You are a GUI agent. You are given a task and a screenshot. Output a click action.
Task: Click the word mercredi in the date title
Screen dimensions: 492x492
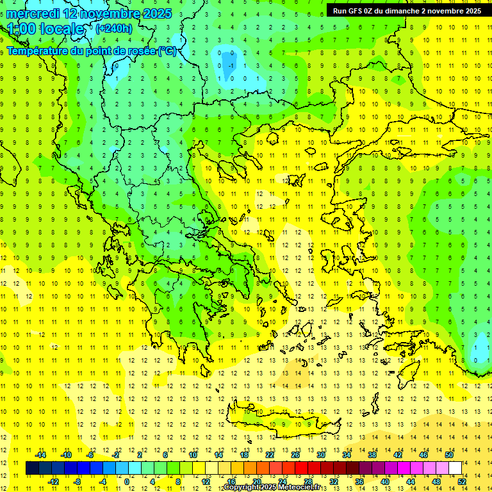[x=33, y=13]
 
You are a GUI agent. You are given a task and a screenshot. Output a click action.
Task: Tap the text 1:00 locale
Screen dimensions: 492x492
[x=46, y=29]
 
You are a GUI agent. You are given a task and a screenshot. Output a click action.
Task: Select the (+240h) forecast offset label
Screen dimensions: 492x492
[x=114, y=28]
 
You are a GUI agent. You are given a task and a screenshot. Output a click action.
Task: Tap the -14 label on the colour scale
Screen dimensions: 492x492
[x=40, y=455]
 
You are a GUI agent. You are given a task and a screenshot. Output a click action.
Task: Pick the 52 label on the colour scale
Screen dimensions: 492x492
[x=462, y=482]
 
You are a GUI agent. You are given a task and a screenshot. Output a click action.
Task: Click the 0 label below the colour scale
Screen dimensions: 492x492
[x=127, y=482]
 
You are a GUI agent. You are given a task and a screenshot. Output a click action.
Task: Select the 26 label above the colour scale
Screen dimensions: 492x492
[x=295, y=455]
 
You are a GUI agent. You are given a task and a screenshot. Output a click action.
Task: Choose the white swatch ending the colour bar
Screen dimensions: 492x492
[x=455, y=468]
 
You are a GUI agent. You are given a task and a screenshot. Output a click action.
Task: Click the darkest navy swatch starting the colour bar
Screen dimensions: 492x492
[x=32, y=468]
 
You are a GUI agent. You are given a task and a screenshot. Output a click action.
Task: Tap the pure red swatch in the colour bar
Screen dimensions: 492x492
[x=302, y=468]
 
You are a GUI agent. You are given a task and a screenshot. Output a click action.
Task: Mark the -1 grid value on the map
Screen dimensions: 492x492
[x=230, y=65]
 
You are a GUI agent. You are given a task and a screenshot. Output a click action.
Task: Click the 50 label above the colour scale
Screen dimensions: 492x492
[x=449, y=455]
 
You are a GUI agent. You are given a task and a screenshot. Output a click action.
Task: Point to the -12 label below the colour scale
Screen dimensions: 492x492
[x=53, y=482]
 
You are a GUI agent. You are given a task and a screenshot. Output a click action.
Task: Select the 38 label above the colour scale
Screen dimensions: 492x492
[x=372, y=455]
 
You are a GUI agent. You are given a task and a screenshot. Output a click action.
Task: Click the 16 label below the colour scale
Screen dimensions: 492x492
[x=231, y=482]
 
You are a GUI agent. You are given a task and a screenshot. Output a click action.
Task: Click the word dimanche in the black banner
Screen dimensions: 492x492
[x=404, y=10]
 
